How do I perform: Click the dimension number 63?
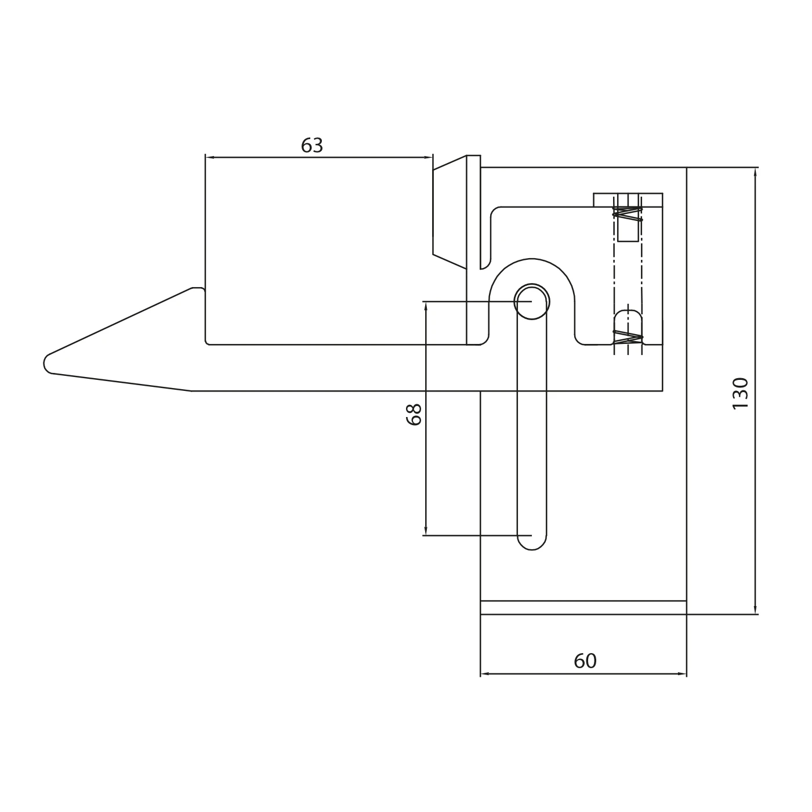[312, 146]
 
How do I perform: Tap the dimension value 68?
[414, 415]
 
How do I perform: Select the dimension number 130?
[740, 393]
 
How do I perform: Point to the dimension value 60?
[585, 661]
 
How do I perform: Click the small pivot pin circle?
[531, 301]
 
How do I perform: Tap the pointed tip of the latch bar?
[45, 363]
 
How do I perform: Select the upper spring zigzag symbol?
[628, 213]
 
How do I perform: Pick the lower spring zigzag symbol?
[628, 338]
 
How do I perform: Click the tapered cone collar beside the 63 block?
[450, 212]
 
